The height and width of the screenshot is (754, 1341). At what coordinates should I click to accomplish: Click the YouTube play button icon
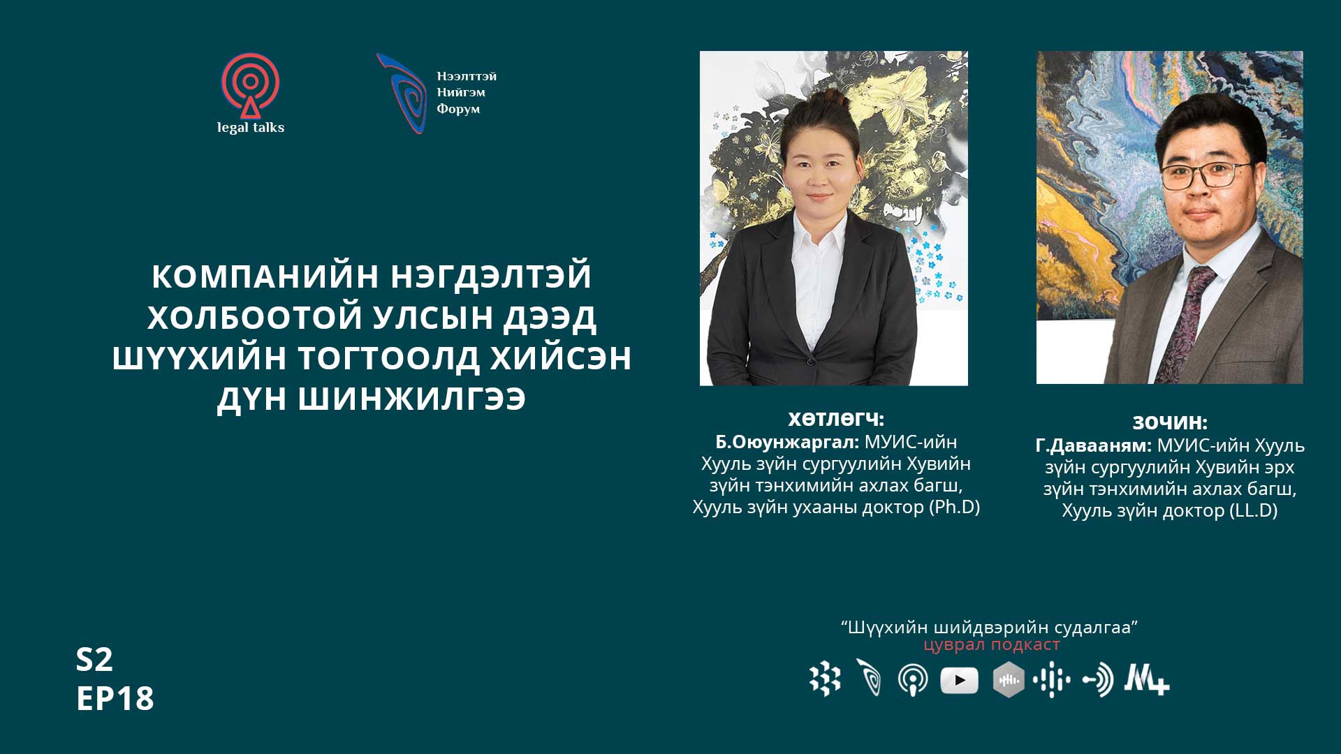point(959,680)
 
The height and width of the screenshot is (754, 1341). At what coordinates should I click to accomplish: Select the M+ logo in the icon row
point(1146,679)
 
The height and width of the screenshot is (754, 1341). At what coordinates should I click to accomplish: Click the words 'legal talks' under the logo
point(251,127)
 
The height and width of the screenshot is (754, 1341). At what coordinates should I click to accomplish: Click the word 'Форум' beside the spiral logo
point(458,108)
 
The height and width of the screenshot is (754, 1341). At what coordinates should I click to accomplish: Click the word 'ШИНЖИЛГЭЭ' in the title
point(412,399)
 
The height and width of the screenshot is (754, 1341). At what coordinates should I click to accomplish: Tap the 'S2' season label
point(94,659)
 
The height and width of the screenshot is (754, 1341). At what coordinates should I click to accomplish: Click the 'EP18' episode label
point(115,698)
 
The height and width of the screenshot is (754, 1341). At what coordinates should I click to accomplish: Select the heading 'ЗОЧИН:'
point(1170,422)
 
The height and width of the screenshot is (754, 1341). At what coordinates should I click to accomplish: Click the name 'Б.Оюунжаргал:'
point(787,442)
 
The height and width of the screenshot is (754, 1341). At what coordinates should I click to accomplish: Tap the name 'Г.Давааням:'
point(1093,445)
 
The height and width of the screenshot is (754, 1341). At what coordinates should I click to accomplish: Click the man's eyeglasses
point(1205,175)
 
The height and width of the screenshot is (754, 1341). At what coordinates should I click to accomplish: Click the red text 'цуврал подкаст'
point(992,644)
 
